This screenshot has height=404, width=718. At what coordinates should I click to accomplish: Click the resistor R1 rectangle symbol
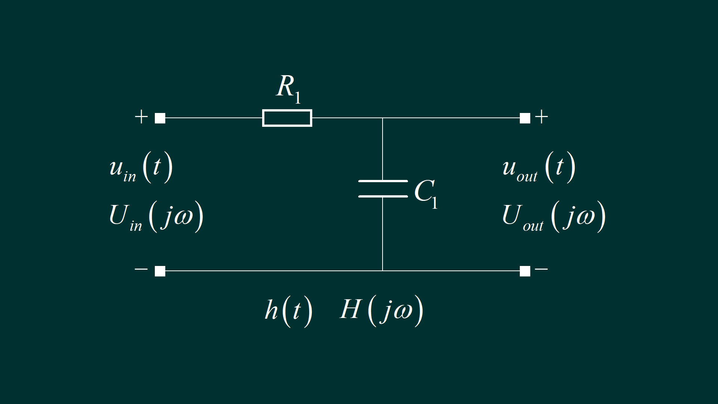coord(287,118)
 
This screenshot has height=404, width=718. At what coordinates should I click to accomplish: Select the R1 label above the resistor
coord(288,88)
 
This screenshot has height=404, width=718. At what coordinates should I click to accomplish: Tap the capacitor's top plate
coord(383,181)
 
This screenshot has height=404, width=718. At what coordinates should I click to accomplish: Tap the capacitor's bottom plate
coord(383,196)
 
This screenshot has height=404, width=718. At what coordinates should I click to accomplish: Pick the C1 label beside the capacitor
coord(426,193)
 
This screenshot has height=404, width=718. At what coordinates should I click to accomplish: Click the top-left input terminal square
coord(160,118)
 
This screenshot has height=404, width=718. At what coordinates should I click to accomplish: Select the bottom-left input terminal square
coord(160,271)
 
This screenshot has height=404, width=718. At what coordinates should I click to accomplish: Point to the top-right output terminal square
coord(525,118)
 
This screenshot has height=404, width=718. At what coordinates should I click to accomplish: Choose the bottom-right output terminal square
coord(525,271)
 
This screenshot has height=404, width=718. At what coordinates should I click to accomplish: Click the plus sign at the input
coord(141,117)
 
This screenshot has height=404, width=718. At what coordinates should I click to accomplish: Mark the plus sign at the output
coord(541,117)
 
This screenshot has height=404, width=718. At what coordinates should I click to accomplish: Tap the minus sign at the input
coord(141,269)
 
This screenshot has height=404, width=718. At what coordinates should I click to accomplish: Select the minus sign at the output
coord(541,269)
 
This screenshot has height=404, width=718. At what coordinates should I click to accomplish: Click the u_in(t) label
coord(141,168)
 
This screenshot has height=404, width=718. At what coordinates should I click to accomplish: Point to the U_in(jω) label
coord(156,217)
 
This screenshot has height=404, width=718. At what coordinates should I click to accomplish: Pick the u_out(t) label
coord(538,168)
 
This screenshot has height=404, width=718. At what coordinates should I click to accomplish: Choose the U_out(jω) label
coord(553,217)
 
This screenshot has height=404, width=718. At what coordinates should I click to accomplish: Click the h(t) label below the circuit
coord(288,311)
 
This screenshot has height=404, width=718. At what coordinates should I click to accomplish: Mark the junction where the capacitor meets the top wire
coord(383,118)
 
